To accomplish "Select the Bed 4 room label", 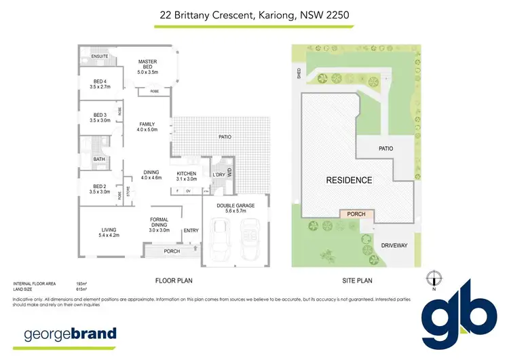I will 100,84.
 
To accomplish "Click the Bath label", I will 100,160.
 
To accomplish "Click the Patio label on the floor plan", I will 225,137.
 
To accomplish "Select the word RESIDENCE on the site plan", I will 350,180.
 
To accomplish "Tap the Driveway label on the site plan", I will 394,245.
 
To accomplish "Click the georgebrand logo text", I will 70,334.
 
